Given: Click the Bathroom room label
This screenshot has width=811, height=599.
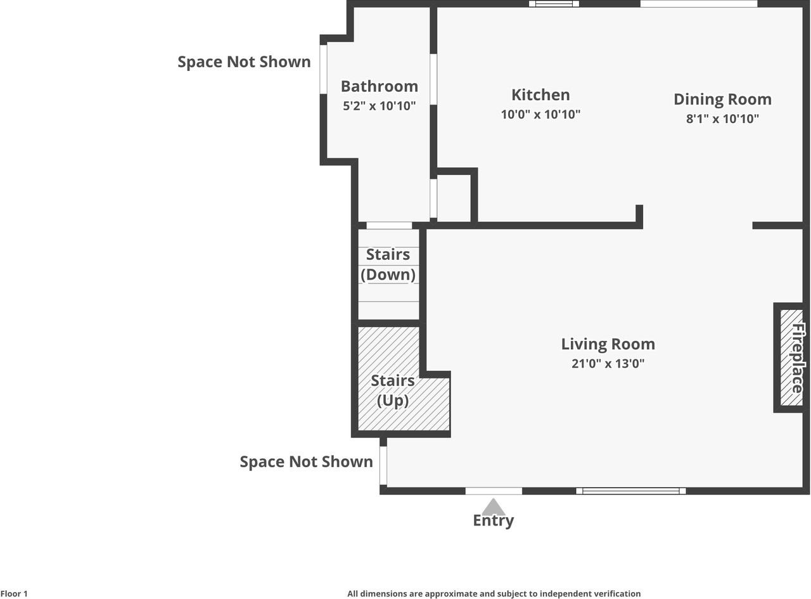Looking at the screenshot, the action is pyautogui.click(x=379, y=87).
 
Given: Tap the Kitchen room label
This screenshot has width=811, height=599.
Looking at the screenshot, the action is pyautogui.click(x=540, y=95).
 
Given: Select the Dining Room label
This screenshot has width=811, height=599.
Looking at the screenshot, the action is pyautogui.click(x=722, y=100).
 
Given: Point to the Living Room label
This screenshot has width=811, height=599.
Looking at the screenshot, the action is pyautogui.click(x=608, y=344).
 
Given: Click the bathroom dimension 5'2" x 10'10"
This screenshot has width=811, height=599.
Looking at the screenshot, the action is pyautogui.click(x=379, y=106).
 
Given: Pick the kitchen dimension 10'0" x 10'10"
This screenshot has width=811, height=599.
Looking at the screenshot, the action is pyautogui.click(x=540, y=115).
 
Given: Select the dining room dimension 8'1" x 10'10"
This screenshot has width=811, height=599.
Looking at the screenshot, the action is pyautogui.click(x=722, y=119).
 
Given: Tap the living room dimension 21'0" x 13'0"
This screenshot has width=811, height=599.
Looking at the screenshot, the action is pyautogui.click(x=608, y=364).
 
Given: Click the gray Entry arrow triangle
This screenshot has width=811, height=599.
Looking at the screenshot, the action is pyautogui.click(x=494, y=508).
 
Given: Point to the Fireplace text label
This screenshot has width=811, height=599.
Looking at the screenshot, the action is pyautogui.click(x=798, y=358).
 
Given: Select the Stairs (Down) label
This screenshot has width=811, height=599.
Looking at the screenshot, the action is pyautogui.click(x=388, y=264).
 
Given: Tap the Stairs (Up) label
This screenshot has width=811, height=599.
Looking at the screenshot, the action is pyautogui.click(x=393, y=391).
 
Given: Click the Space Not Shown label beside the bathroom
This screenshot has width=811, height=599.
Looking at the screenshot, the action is pyautogui.click(x=245, y=62).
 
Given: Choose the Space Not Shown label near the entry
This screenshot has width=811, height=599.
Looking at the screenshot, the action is pyautogui.click(x=307, y=462).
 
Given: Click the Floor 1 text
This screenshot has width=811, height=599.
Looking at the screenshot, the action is pyautogui.click(x=14, y=593).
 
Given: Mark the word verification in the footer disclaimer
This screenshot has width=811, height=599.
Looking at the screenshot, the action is pyautogui.click(x=617, y=593).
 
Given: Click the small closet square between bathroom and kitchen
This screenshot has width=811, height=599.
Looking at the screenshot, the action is pyautogui.click(x=454, y=198).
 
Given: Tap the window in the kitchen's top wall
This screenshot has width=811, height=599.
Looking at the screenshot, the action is pyautogui.click(x=554, y=4).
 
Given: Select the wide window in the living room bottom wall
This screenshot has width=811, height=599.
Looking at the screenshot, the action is pyautogui.click(x=630, y=491).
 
